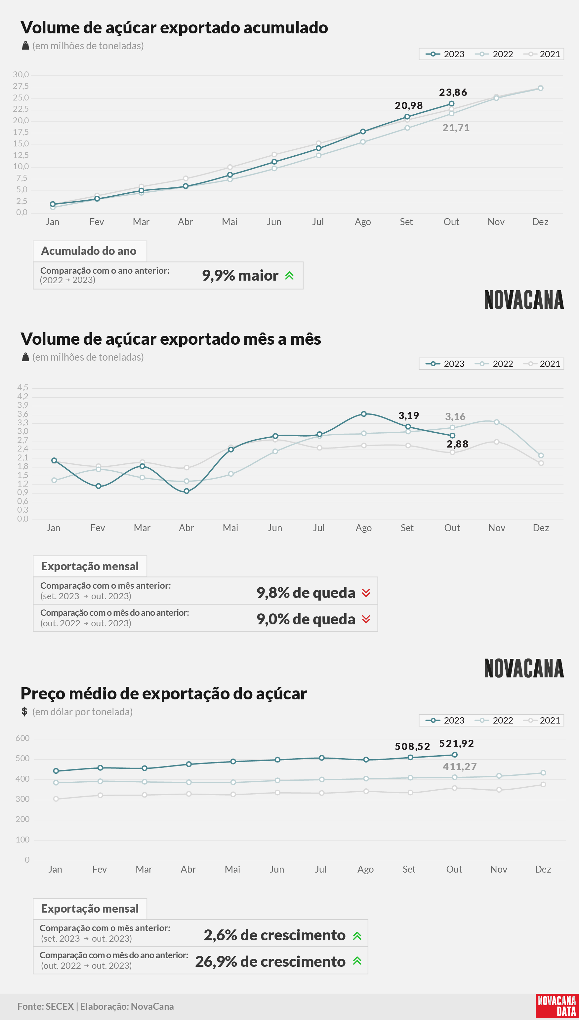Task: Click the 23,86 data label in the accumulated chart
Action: tap(453, 93)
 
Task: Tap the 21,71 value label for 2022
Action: tap(456, 128)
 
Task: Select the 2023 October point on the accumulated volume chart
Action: tap(451, 104)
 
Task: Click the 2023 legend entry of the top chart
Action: tap(445, 54)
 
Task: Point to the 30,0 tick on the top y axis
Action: tap(21, 75)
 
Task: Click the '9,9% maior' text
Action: tap(240, 275)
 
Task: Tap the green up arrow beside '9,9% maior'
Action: tap(290, 275)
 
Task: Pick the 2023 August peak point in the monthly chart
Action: tap(363, 414)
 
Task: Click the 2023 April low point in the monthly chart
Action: tap(186, 491)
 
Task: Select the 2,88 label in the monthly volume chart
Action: tap(457, 444)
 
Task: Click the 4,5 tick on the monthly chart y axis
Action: tap(23, 388)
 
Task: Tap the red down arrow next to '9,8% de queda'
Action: tap(366, 593)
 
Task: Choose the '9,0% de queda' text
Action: tap(306, 619)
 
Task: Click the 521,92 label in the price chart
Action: tap(457, 744)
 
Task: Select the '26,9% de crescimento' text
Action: tap(270, 961)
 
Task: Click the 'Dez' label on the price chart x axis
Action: tap(543, 869)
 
